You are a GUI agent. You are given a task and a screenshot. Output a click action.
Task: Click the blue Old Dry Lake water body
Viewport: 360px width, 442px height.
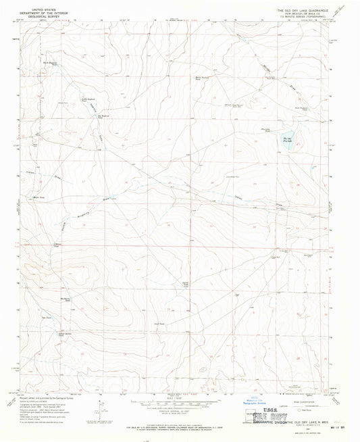tap(286, 142)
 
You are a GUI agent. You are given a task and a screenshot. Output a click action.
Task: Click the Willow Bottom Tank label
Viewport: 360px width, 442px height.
tap(64, 334)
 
